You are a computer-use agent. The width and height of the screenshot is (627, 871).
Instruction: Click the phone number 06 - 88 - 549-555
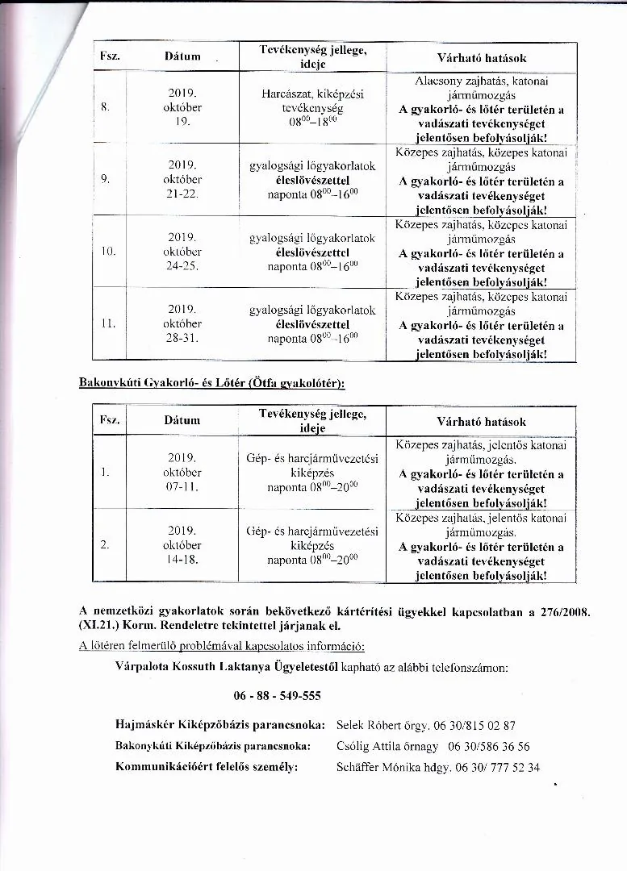[x=278, y=696]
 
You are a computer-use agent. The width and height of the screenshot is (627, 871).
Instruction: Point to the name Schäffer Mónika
[x=376, y=767]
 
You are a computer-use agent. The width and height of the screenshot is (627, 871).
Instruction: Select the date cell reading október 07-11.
[x=182, y=473]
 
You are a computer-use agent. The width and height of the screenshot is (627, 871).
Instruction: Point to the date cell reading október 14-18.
[x=182, y=545]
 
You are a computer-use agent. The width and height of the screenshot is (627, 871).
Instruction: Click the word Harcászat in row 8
[x=286, y=94]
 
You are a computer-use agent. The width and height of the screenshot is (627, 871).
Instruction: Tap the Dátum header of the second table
[x=182, y=420]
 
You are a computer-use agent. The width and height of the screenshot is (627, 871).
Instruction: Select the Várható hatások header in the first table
[x=481, y=58]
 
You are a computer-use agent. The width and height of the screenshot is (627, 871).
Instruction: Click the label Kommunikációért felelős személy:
[x=207, y=767]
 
